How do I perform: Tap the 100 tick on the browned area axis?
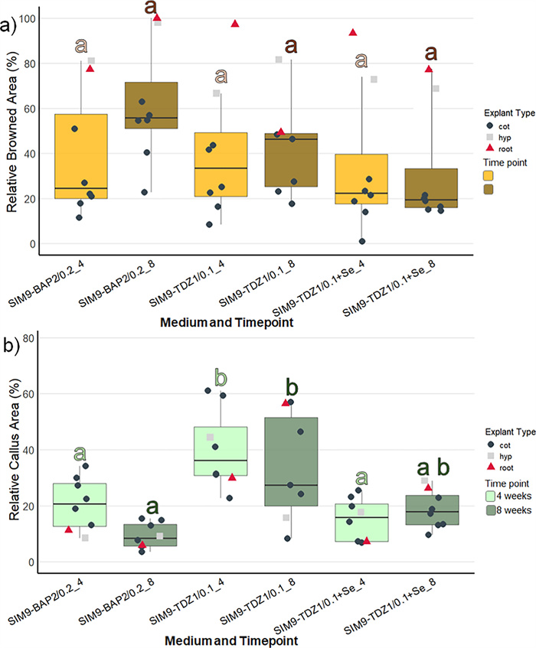click(x=33, y=18)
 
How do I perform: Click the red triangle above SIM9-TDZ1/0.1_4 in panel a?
click(x=235, y=24)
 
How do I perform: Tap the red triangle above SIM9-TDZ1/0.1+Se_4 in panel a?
click(x=353, y=32)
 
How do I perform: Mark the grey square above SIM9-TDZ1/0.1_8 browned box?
click(x=279, y=60)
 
